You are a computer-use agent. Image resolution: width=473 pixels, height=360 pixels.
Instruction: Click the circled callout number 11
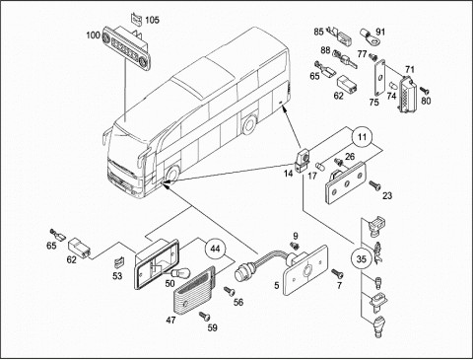point(362,136)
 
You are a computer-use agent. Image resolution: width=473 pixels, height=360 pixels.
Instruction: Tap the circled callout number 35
point(362,259)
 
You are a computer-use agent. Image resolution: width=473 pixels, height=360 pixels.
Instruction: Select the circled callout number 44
point(215,249)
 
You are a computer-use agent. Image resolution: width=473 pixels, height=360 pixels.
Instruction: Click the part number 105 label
point(152,20)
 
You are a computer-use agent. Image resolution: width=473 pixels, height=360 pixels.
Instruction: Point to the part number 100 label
point(93,35)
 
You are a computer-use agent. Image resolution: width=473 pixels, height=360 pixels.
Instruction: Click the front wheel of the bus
point(171,174)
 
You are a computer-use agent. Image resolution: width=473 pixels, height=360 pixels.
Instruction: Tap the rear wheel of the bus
point(249,124)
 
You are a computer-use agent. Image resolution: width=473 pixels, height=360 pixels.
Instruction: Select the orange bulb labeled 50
point(179,272)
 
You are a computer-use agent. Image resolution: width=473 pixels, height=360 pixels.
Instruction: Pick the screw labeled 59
point(205,317)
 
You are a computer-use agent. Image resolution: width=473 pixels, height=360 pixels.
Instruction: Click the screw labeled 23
point(374,185)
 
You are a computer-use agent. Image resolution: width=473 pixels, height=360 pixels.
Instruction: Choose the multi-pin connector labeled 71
point(407,95)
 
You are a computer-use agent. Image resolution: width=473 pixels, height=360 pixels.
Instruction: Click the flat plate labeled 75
point(379,78)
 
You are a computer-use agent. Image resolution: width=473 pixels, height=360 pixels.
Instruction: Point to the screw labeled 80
point(425,89)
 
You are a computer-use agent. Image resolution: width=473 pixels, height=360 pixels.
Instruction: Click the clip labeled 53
point(118,261)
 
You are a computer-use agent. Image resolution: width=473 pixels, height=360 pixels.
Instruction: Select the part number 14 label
point(289,174)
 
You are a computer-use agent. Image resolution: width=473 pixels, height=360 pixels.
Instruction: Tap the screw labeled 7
point(337,272)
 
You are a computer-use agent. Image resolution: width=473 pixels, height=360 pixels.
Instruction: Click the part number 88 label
point(325,50)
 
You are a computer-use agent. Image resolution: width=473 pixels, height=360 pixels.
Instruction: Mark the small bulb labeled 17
point(319,165)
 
